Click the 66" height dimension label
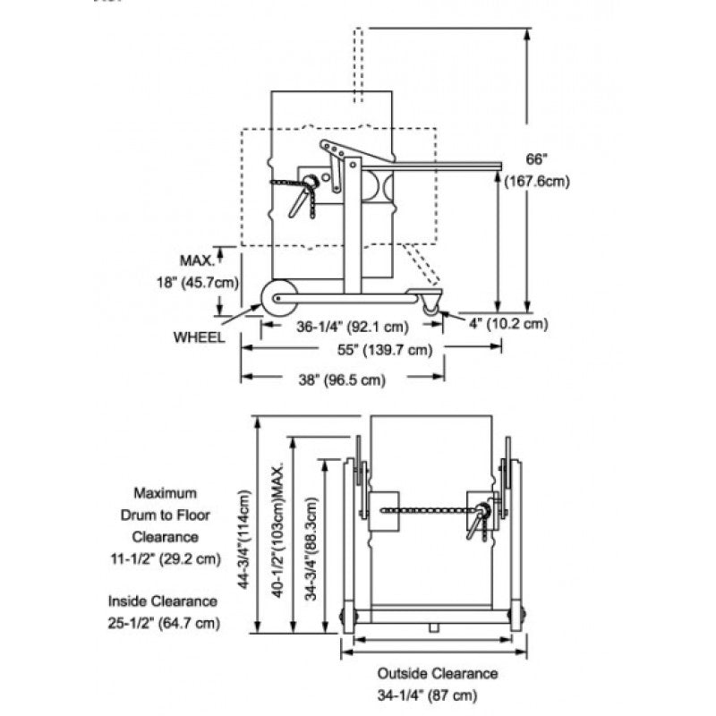point(535,159)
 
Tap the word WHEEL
point(200,337)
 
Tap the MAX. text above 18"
point(197,260)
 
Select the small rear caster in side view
point(433,303)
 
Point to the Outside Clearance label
point(437,674)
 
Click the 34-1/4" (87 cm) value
point(437,695)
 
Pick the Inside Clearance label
point(163,601)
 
